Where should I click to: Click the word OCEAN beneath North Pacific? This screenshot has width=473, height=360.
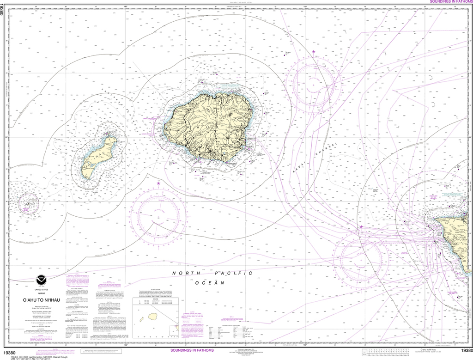click(x=212, y=282)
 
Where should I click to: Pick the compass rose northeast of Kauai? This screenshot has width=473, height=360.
click(x=314, y=83)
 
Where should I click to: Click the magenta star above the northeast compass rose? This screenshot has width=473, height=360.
click(x=314, y=52)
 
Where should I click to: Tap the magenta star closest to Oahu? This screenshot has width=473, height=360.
click(x=361, y=227)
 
